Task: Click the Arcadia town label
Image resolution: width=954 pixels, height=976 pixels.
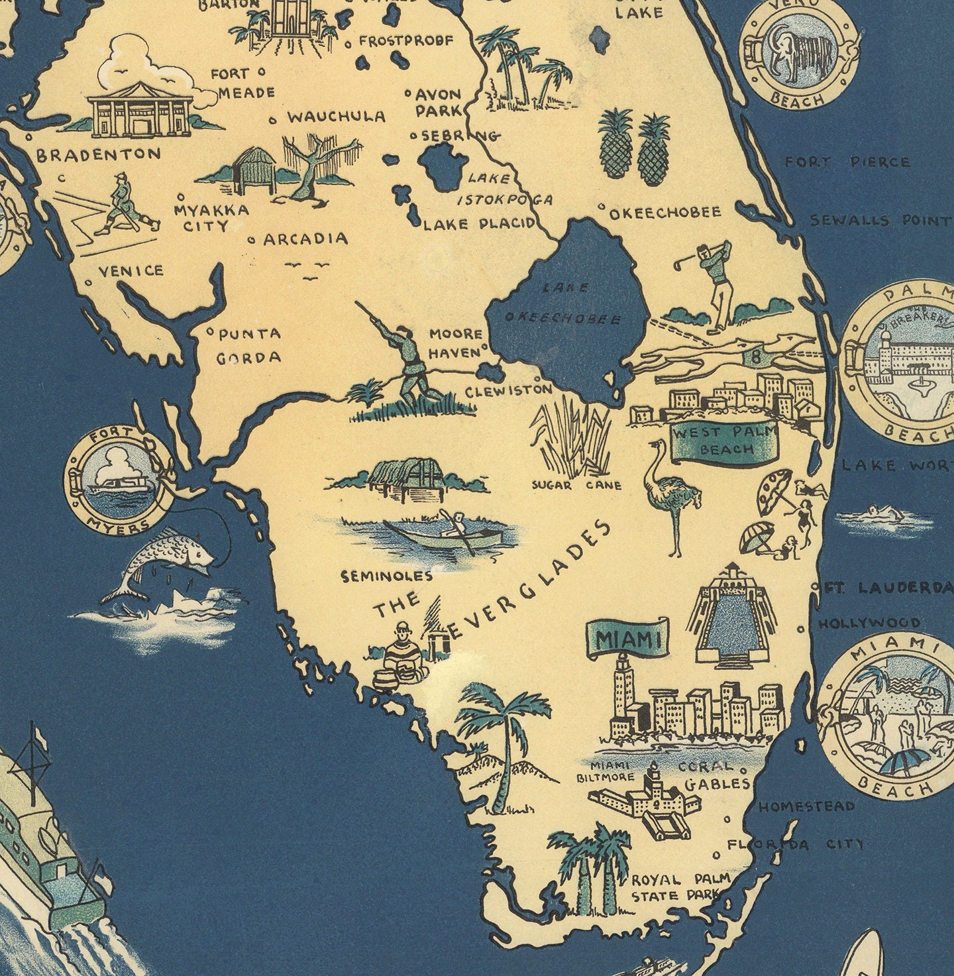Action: click(x=305, y=239)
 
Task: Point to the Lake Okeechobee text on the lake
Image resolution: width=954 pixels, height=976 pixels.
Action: click(x=564, y=305)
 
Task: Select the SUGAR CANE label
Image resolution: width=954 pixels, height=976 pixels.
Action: click(x=576, y=485)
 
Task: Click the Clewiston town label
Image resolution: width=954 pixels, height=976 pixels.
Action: click(x=508, y=391)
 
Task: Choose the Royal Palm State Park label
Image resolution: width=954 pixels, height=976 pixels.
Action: click(x=680, y=887)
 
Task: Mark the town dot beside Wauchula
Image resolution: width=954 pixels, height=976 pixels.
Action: click(x=273, y=120)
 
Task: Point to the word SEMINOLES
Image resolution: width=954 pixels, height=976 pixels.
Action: click(x=387, y=576)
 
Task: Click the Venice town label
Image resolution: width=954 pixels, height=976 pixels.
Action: click(x=131, y=270)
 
